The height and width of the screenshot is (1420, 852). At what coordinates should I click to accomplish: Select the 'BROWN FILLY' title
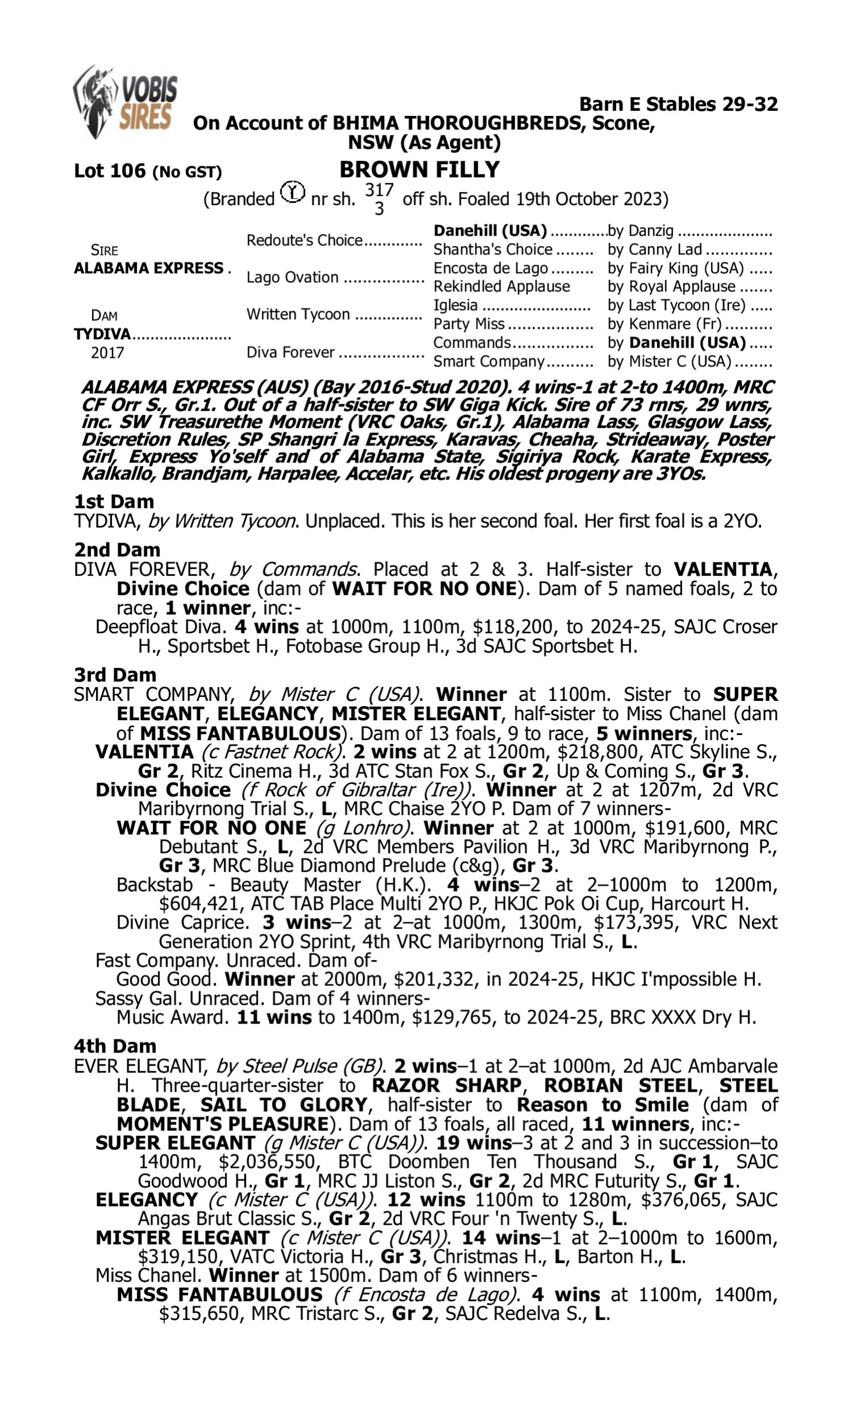point(419,170)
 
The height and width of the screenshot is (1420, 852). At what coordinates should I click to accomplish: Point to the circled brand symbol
point(293,193)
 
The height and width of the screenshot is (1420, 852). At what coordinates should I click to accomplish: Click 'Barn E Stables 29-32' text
point(678,105)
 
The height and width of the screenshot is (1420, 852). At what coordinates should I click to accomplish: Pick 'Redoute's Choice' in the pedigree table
point(304,240)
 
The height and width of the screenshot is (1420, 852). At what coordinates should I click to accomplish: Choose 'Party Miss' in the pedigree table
point(469,324)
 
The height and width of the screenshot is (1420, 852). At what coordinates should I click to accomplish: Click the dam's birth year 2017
point(107,353)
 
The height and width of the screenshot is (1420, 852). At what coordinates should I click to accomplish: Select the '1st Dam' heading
point(114,502)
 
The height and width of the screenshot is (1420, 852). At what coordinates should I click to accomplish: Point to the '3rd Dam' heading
point(115,675)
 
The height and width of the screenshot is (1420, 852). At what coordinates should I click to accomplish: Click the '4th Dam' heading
point(115,1046)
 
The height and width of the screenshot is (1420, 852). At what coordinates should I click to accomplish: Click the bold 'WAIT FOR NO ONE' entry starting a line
point(211,828)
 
